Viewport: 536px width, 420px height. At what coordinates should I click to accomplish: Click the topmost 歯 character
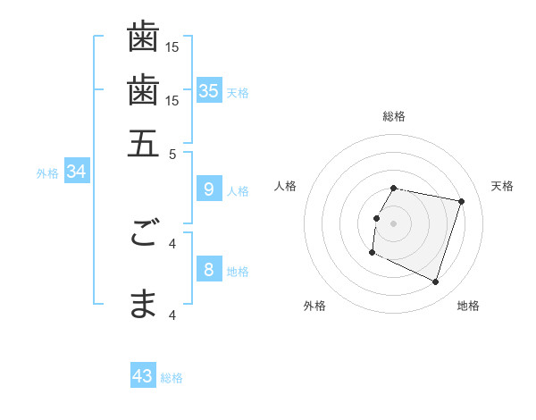click(143, 38)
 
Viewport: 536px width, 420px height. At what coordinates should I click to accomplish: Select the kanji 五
click(143, 142)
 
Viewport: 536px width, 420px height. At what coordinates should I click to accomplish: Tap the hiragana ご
click(143, 234)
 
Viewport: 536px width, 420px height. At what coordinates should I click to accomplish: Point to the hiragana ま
click(143, 305)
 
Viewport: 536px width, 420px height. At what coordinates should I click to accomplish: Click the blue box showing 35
click(208, 90)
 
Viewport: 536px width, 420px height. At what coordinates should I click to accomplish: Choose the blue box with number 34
click(76, 172)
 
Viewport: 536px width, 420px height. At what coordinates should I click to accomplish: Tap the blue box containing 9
click(208, 189)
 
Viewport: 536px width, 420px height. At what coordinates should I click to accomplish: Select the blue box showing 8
click(208, 269)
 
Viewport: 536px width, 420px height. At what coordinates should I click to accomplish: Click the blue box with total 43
click(143, 376)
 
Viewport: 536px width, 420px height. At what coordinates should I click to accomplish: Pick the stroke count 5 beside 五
click(173, 153)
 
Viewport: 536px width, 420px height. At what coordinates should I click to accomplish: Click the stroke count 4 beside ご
click(173, 242)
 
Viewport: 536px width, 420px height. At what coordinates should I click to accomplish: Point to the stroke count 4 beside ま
click(173, 315)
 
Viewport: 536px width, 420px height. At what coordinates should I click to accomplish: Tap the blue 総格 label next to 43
click(172, 378)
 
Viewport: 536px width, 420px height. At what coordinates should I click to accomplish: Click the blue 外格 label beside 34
click(47, 173)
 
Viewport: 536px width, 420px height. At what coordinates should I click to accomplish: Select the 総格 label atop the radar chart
click(393, 116)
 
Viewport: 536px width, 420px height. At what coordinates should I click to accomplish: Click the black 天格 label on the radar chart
click(503, 186)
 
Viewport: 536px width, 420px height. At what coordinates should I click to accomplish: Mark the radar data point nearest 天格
click(461, 201)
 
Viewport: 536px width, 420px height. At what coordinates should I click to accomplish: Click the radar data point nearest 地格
click(435, 281)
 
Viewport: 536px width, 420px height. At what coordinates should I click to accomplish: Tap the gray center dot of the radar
click(393, 223)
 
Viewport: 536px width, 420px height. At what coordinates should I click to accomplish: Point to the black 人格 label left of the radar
click(286, 186)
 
